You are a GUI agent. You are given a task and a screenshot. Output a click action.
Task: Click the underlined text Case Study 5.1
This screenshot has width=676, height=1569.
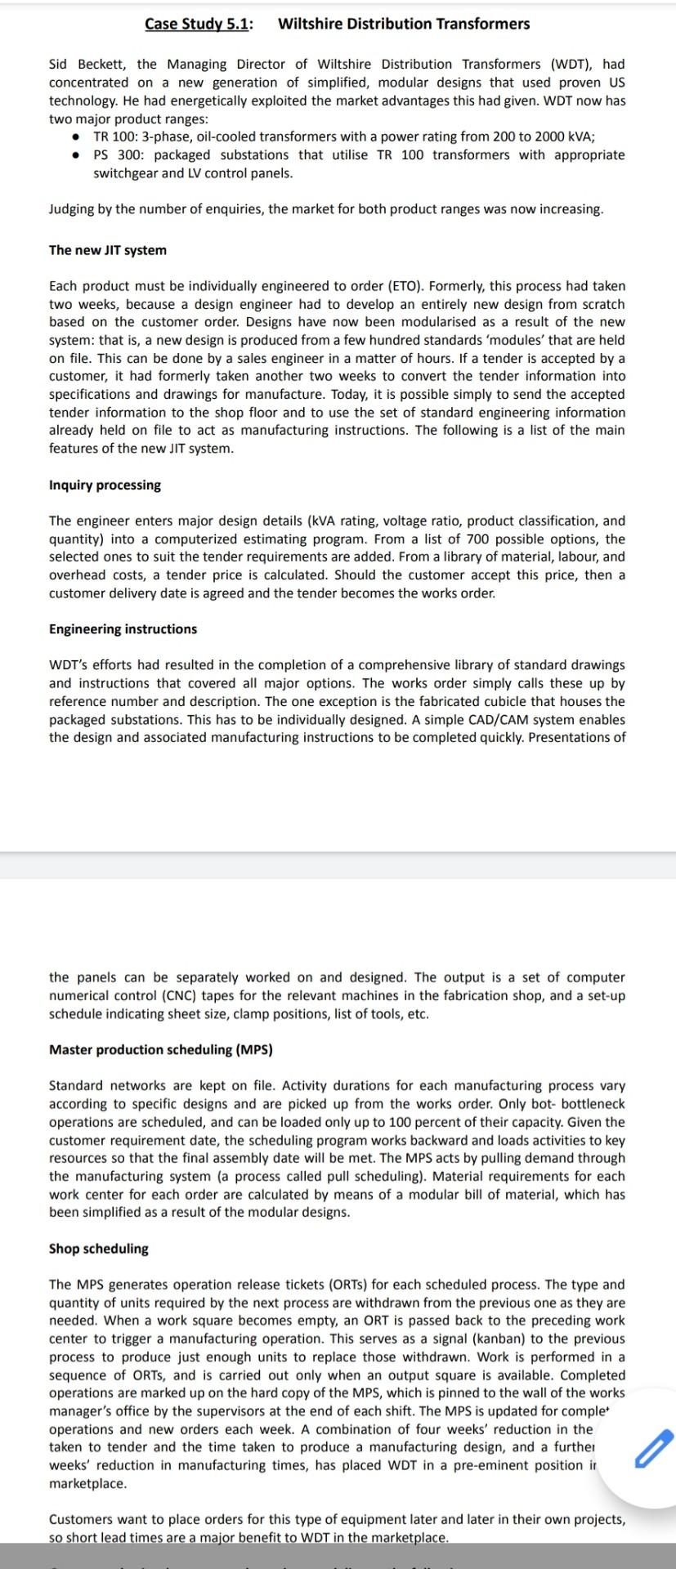click(x=198, y=24)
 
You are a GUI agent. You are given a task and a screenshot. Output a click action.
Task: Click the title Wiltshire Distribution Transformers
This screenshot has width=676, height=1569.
click(x=404, y=24)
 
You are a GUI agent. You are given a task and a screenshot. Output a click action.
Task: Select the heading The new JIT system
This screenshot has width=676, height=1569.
click(x=107, y=250)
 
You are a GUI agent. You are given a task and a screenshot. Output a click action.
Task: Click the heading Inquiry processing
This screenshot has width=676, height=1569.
click(x=105, y=485)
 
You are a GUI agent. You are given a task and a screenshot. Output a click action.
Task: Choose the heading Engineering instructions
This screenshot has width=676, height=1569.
click(x=123, y=628)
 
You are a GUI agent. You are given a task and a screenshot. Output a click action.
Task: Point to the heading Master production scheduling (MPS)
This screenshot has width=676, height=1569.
click(x=160, y=1049)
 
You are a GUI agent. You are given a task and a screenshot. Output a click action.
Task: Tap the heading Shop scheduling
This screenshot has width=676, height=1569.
click(x=98, y=1249)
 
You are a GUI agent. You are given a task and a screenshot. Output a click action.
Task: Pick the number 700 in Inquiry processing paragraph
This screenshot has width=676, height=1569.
click(x=479, y=539)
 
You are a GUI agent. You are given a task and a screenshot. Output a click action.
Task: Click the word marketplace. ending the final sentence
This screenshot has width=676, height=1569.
click(x=409, y=1537)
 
